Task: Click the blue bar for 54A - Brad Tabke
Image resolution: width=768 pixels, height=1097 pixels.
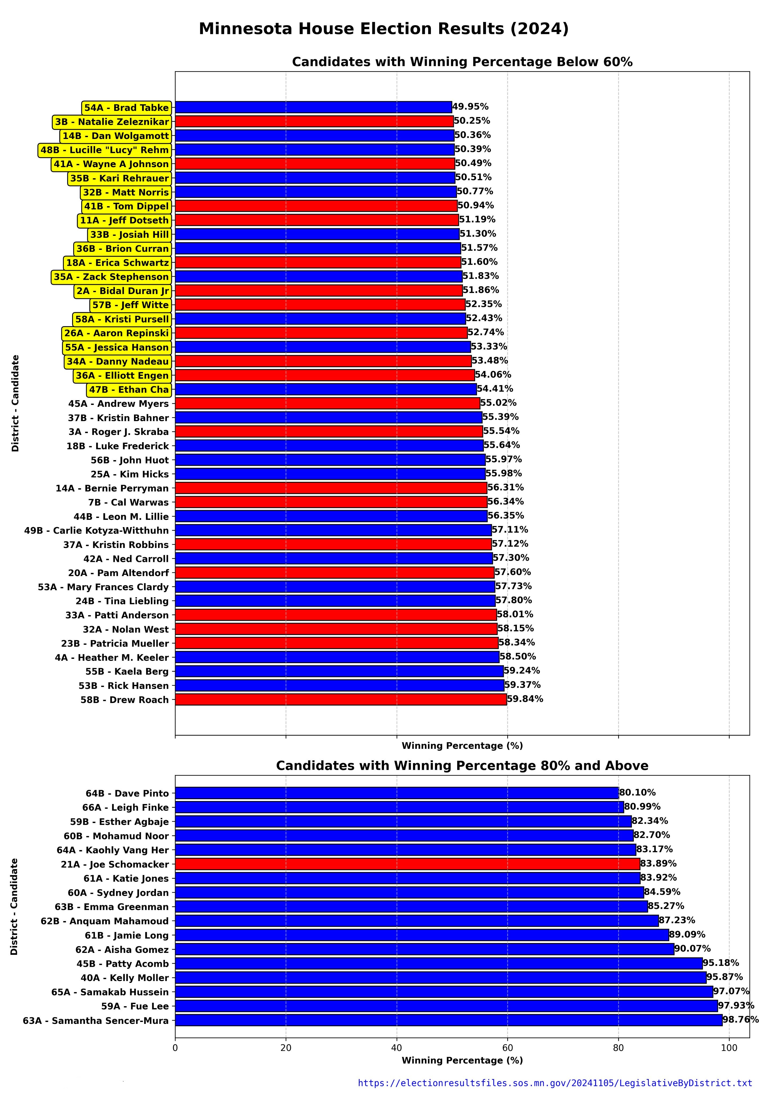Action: click(313, 107)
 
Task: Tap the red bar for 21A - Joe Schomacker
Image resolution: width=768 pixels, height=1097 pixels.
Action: click(407, 864)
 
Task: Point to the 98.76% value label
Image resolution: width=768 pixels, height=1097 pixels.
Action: click(740, 1020)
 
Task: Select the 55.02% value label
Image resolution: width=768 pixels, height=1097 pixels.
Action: click(498, 403)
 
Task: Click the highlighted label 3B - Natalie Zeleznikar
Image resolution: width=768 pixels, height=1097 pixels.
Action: click(112, 122)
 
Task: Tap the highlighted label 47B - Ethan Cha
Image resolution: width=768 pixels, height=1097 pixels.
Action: click(129, 389)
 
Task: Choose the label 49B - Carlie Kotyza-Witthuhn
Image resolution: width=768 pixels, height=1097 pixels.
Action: click(96, 530)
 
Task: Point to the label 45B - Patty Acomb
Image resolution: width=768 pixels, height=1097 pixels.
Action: click(122, 964)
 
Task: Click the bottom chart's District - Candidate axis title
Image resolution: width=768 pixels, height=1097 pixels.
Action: click(15, 906)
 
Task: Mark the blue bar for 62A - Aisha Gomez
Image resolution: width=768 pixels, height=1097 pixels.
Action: click(424, 949)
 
